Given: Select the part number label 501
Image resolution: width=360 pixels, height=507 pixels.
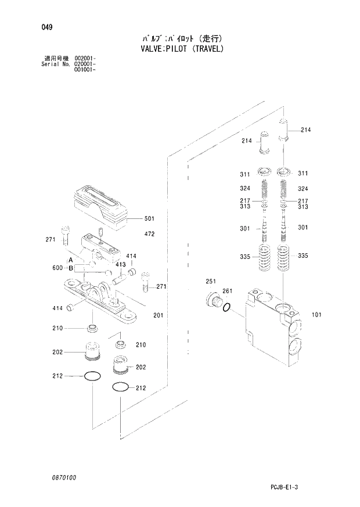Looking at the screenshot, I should coord(149,219).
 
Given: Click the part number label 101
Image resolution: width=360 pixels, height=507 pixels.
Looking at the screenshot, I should coord(316,315).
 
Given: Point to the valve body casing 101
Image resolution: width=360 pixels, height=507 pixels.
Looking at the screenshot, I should coord(273,337).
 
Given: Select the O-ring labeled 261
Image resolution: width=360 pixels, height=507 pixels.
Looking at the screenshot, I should coord(228,307).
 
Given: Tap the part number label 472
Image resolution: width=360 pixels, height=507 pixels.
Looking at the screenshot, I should coord(149,234).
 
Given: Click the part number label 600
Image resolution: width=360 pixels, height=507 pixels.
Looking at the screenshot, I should coord(56,268).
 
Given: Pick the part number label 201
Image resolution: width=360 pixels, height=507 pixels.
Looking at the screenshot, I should coord(157,315).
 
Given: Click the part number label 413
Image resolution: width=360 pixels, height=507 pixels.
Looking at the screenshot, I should coord(120,264).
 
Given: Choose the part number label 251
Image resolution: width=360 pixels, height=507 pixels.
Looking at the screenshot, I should coord(210,282).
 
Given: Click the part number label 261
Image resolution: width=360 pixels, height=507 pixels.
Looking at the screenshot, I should coord(227,291).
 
